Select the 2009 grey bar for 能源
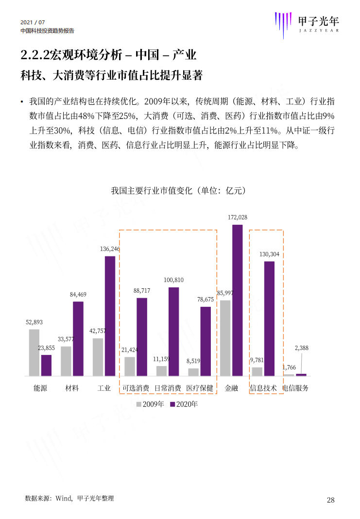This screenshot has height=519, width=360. click(x=34, y=352)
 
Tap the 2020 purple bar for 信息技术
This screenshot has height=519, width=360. click(x=269, y=318)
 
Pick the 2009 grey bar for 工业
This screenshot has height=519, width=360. click(x=98, y=357)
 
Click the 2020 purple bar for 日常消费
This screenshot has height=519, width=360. click(x=173, y=332)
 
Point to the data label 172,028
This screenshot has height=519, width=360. click(x=238, y=218)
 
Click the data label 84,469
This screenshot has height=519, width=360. click(x=78, y=294)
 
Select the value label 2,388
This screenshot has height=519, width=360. click(x=301, y=348)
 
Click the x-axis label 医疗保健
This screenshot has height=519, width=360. click(x=200, y=388)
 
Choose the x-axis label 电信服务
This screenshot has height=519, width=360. click(x=295, y=388)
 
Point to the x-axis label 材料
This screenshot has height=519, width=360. click(x=72, y=388)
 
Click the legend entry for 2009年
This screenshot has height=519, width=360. click(x=150, y=404)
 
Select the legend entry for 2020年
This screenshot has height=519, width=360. click(x=184, y=404)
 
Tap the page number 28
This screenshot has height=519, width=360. click(x=330, y=500)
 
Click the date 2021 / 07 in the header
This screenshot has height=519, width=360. click(x=33, y=22)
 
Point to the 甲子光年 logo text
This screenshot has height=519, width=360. click(x=318, y=21)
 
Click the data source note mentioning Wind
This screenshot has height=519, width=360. click(x=69, y=498)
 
